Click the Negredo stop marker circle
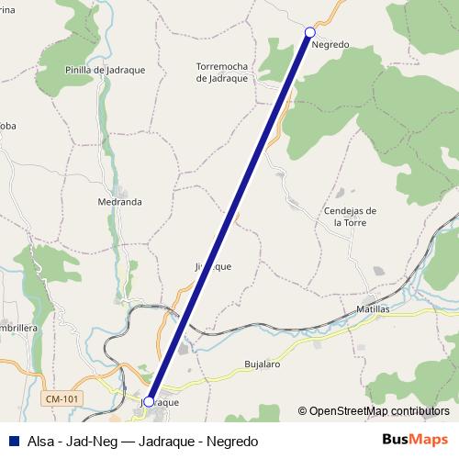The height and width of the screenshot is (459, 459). pyautogui.click(x=310, y=32)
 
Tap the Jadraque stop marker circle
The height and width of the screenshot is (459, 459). pyautogui.click(x=149, y=401)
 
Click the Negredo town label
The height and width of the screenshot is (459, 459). pyautogui.click(x=330, y=44)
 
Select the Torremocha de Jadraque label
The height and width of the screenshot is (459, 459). pyautogui.click(x=222, y=72)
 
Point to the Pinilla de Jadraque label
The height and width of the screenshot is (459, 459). pyautogui.click(x=101, y=69)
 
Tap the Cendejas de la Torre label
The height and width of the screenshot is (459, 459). pyautogui.click(x=351, y=216)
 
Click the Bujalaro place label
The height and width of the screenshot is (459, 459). pyautogui.click(x=263, y=364)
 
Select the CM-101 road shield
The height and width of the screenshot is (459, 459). pyautogui.click(x=62, y=397)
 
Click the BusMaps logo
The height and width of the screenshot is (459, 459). pyautogui.click(x=415, y=440)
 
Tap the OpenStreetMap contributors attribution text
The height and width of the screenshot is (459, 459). pyautogui.click(x=379, y=411)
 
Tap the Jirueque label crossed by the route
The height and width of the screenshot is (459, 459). pyautogui.click(x=213, y=266)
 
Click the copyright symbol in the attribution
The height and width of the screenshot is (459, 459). pyautogui.click(x=302, y=411)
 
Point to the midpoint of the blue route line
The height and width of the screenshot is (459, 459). pyautogui.click(x=229, y=217)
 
